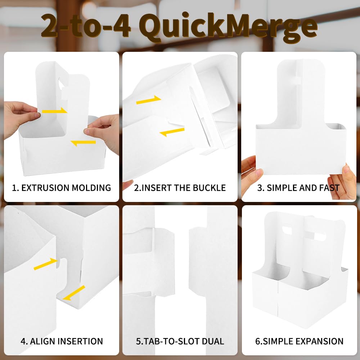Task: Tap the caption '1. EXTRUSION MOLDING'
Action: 61,188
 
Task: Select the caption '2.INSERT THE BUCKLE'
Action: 180,188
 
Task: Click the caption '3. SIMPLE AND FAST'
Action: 298,188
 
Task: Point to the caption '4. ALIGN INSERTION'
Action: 62,341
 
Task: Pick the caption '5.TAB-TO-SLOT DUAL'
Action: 180,341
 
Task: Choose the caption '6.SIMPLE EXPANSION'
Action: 299,341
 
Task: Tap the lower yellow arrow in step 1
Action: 83,143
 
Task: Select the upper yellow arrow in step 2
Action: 149,100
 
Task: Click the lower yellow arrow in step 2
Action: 172,132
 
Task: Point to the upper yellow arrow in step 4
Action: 46,264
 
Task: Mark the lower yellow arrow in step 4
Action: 74,293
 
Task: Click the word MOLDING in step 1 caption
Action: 91,188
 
